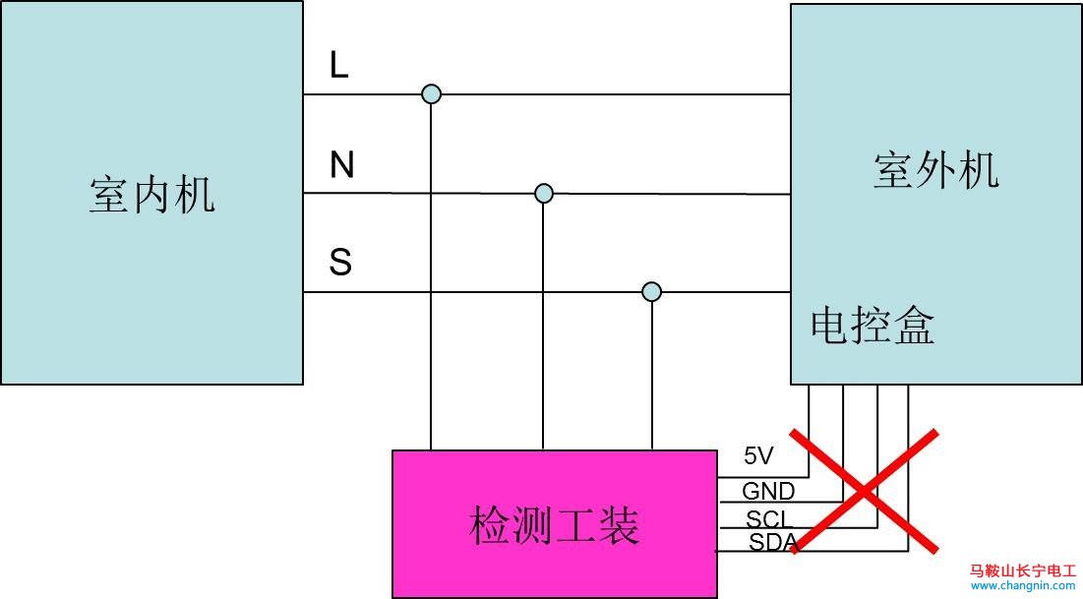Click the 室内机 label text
[x=151, y=195]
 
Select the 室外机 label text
[x=935, y=170]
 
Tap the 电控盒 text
[x=872, y=326]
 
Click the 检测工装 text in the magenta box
[x=555, y=524]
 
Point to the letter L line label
[x=339, y=66]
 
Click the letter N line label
[x=341, y=165]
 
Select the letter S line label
[x=340, y=263]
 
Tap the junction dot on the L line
[x=431, y=94]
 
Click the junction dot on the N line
[x=543, y=194]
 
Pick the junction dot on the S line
[x=651, y=292]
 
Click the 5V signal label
[x=758, y=456]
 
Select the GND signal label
[x=767, y=491]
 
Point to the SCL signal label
[x=766, y=518]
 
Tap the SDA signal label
[x=771, y=542]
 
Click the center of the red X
[x=864, y=491]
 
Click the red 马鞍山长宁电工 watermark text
[x=1023, y=569]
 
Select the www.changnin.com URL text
[x=1023, y=585]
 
